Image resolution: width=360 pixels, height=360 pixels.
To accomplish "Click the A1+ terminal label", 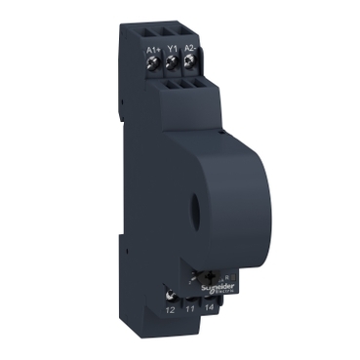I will pos(152,48).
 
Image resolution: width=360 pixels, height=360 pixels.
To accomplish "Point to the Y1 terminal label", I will pos(172,49).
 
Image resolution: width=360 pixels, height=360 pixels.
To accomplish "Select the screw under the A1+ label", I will pos(152,64).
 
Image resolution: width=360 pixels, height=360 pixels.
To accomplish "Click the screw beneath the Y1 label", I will pos(172,65).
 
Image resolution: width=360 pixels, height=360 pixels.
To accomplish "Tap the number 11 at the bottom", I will pos(190,310).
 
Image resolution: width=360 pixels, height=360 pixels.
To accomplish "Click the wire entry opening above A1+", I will pos(152,27).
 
